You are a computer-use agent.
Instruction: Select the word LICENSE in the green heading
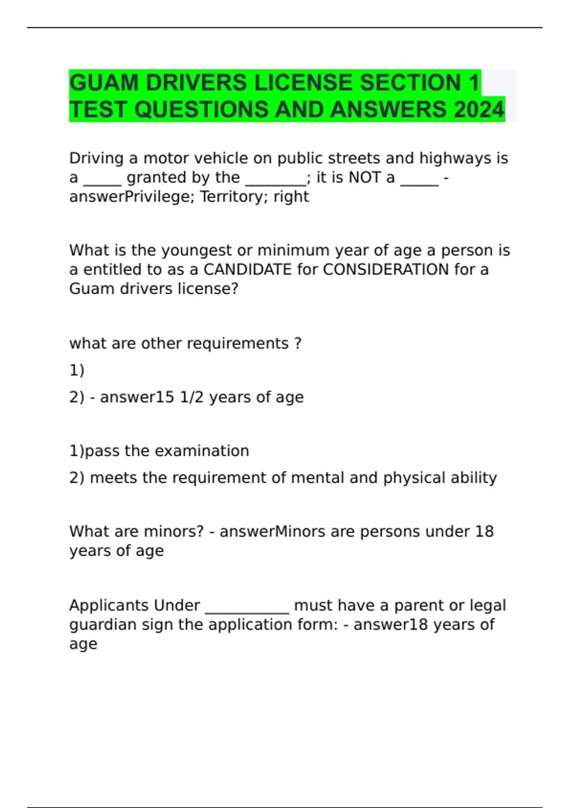coord(304,83)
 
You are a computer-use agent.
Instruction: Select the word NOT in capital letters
coord(364,178)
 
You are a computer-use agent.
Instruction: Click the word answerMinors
coord(272,531)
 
